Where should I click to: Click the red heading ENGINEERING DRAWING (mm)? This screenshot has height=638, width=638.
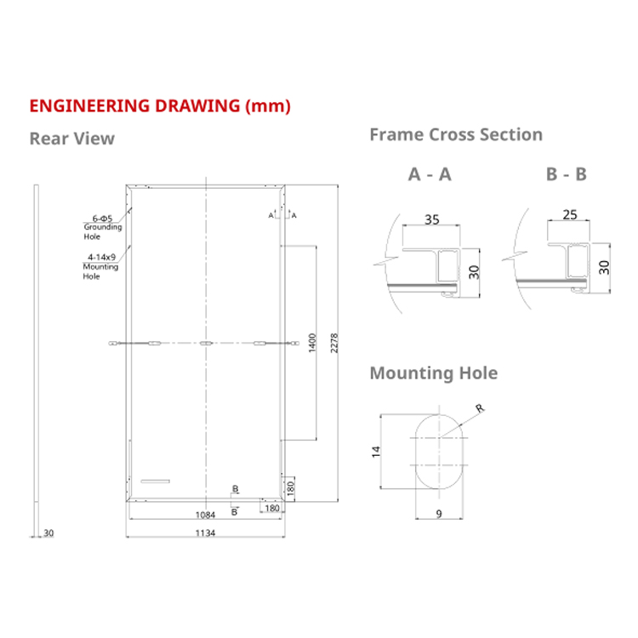160,106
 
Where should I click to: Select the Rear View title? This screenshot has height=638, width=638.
71,139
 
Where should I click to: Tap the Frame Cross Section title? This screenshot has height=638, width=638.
455,134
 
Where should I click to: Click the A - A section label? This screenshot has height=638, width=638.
430,174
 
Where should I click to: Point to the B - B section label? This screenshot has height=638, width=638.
567,174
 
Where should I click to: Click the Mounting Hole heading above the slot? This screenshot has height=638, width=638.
433,373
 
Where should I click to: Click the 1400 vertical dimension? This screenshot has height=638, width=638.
312,343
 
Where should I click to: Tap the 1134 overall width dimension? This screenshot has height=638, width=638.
205,533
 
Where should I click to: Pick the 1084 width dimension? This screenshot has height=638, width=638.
205,515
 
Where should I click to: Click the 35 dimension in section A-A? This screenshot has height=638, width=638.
431,219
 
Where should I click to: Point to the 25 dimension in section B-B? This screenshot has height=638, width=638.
570,214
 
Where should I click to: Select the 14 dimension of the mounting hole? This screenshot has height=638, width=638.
377,451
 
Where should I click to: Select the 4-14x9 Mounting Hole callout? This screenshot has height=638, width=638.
101,266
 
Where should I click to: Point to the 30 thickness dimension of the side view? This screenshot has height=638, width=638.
48,533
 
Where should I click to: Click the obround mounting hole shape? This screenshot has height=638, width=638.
439,451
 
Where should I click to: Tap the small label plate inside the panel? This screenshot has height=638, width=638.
156,482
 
